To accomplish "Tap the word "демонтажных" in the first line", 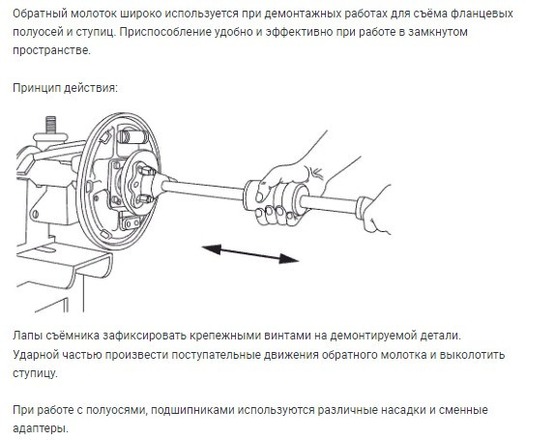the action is (296, 14).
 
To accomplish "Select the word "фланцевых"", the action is (486, 14).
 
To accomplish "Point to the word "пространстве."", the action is (51, 50).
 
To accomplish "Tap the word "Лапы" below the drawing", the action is (28, 336).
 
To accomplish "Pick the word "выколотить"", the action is (472, 354).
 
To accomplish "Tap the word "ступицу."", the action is (35, 373).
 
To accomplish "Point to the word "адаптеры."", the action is (41, 428).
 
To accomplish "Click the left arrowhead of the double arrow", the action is (212, 249).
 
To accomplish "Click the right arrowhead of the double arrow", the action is (289, 259).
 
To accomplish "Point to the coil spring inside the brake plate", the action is (131, 137).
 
